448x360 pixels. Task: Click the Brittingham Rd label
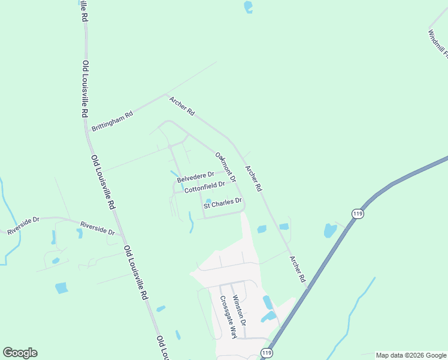point(111,121)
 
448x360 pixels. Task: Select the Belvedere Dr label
point(195,177)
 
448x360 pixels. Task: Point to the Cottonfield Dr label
point(204,187)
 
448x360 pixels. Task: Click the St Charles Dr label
point(222,203)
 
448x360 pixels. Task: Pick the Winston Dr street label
point(239,310)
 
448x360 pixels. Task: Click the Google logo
point(20,353)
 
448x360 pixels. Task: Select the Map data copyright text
point(410,355)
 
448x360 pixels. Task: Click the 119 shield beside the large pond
point(358,214)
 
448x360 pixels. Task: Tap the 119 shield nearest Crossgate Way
point(267,353)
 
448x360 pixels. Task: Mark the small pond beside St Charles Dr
point(208,202)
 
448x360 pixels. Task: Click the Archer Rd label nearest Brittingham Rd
point(182,106)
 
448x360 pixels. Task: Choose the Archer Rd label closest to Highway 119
point(297,269)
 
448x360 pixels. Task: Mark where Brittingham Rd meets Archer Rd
point(165,94)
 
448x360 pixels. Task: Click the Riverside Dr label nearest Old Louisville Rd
point(98,229)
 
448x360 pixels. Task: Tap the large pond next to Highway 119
point(330,230)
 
